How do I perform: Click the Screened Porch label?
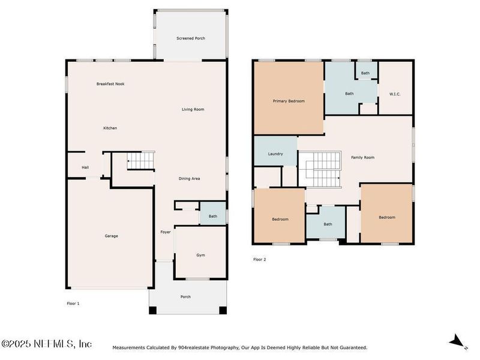pos(191,38)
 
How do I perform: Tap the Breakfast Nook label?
pos(110,84)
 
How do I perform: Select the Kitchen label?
pos(110,128)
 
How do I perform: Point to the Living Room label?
pos(193,109)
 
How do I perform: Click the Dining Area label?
pos(189,179)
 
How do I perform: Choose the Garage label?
pos(111,236)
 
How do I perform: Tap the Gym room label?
pos(200,255)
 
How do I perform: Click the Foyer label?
pos(165,232)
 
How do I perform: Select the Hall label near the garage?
pos(85,167)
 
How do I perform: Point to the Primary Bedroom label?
pos(289,101)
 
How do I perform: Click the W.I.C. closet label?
pos(395,94)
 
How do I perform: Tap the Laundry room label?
pos(275,154)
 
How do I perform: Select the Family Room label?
pos(362,157)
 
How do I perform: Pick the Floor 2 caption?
pos(259,260)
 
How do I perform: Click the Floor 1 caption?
pos(73,304)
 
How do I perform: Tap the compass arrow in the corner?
pos(458,341)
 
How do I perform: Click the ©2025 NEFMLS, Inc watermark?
pos(46,344)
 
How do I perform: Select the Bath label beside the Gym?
pos(212,216)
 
